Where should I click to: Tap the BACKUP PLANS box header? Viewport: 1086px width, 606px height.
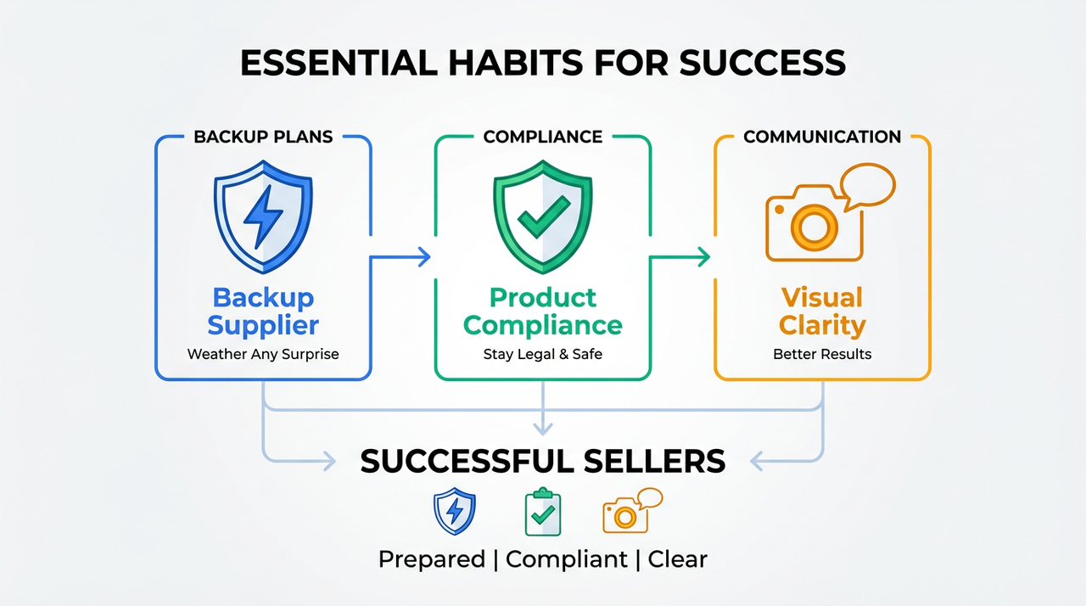coord(263,137)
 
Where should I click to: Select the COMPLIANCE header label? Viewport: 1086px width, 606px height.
coord(543,137)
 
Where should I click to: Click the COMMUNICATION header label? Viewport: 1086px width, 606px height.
coord(822,137)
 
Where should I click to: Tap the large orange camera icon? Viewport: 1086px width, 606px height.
coord(814,225)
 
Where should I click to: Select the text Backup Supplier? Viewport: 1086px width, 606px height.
coord(263,311)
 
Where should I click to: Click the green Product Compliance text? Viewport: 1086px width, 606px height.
coord(543,311)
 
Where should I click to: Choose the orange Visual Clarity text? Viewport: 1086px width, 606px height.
coord(822,311)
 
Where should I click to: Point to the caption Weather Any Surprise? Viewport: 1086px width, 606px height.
coord(263,354)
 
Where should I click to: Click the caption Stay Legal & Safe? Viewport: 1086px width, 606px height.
coord(543,354)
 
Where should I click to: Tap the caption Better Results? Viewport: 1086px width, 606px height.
coord(822,354)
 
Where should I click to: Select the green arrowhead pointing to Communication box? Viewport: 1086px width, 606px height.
coord(703,257)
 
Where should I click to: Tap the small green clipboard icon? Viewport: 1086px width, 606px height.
coord(543,512)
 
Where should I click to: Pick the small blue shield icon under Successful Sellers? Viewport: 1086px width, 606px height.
coord(455,511)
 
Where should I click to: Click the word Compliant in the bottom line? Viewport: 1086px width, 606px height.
coord(567,559)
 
